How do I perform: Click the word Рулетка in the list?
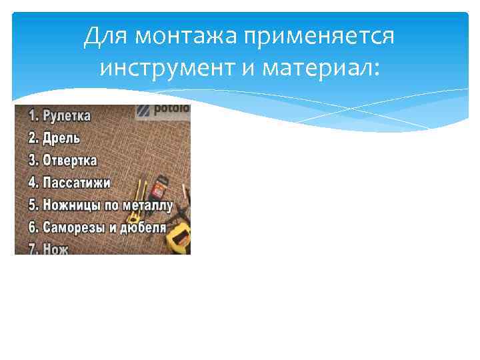coord(67,117)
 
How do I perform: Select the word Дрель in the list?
coord(62,139)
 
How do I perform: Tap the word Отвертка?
coord(70,161)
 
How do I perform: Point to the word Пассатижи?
coord(77,183)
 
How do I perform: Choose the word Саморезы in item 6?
coord(74,227)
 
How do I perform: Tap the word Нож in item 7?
coord(56,248)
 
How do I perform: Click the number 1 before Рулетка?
coord(30,117)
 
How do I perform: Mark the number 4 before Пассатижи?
coord(31,183)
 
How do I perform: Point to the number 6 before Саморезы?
coord(31,227)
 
